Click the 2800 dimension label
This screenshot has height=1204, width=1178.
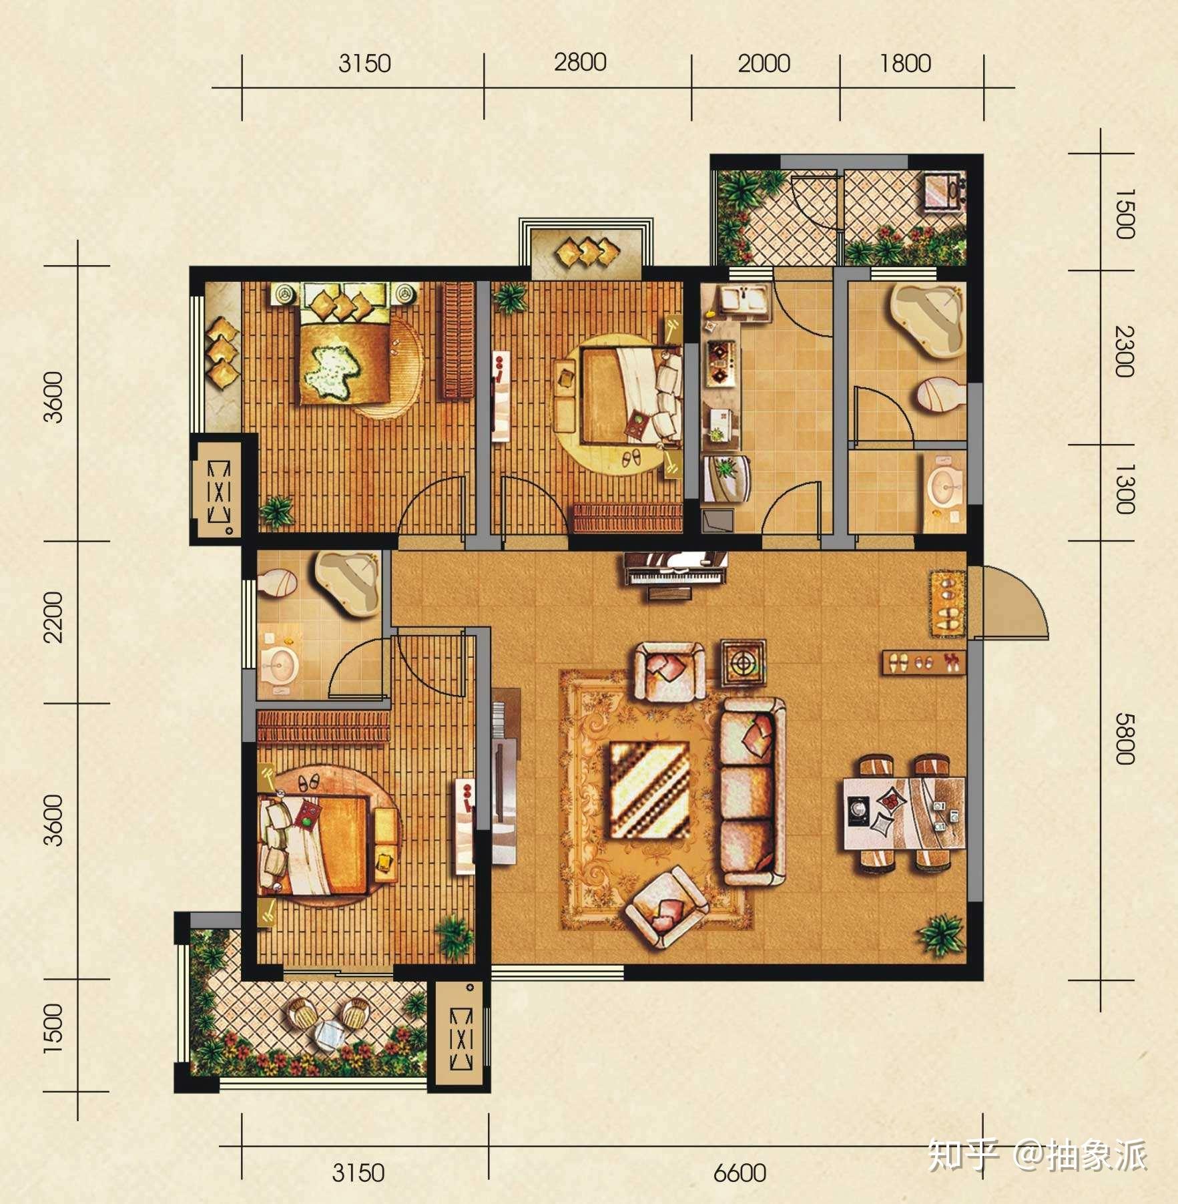coord(580,62)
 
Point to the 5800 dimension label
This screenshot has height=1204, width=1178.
coord(1124,738)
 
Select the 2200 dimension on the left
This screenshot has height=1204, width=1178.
coord(53,616)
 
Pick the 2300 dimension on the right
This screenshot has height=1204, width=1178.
coord(1124,351)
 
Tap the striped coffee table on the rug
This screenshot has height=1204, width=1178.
coord(650,791)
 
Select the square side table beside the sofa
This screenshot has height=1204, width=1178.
coord(743,662)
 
